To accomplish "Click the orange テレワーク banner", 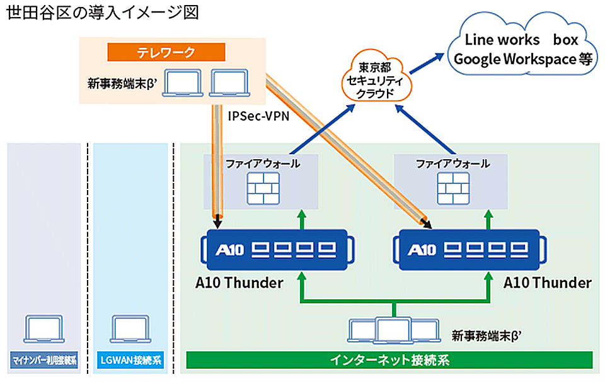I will coord(166,52).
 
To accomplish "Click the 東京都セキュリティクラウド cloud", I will coord(376,80).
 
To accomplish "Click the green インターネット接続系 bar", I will coord(389,361).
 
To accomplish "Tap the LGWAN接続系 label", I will coord(130,361).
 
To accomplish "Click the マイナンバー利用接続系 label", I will coord(44,361).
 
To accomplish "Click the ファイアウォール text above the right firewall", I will coord(452,164).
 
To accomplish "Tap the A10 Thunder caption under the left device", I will coord(239,283).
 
